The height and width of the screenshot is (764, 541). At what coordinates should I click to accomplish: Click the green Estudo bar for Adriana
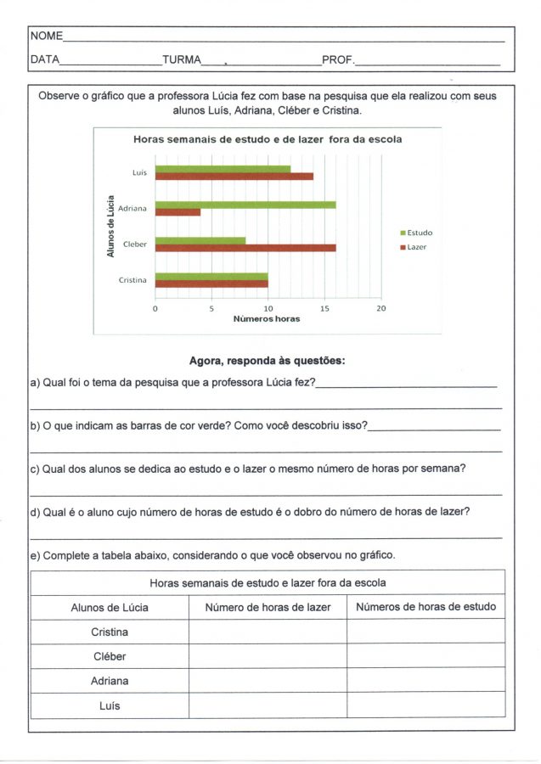(245, 205)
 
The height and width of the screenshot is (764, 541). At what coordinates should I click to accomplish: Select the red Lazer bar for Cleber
(245, 248)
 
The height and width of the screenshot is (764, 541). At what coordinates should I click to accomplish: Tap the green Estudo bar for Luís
(223, 169)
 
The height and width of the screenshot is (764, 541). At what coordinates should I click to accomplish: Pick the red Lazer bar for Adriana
(178, 212)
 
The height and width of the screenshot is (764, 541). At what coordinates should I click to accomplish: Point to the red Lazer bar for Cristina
(211, 284)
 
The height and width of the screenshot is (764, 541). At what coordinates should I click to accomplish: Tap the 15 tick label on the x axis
(324, 309)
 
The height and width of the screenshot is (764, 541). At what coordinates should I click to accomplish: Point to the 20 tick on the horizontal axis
(380, 309)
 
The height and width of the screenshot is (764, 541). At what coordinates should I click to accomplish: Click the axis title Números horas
(267, 319)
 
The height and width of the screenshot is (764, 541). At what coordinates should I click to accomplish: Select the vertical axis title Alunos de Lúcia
(110, 226)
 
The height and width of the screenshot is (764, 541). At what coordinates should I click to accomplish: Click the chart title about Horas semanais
(267, 139)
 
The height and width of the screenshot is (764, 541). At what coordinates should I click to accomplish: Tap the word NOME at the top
(47, 37)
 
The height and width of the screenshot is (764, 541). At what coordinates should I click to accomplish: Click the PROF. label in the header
(337, 60)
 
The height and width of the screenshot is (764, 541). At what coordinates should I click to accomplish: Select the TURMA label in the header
(181, 60)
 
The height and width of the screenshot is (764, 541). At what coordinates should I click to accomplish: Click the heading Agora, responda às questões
(267, 361)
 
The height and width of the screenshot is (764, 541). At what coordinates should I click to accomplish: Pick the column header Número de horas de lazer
(268, 607)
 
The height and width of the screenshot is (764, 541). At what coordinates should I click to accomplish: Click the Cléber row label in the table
(109, 656)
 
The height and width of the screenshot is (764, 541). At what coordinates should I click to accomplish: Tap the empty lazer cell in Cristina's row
(268, 632)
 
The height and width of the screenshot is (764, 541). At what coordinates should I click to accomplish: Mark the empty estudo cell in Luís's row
(425, 705)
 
